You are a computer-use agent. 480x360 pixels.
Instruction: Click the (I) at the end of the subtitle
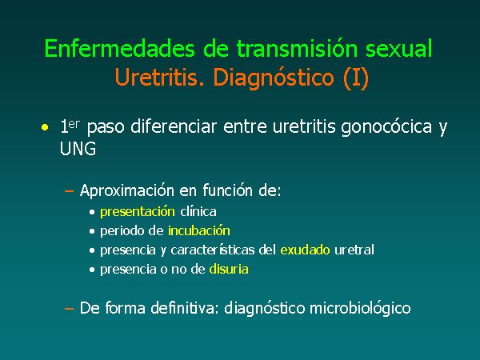(356, 78)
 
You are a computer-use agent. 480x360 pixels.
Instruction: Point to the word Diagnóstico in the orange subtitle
(274, 78)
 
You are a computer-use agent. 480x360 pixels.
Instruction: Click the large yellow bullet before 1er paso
(45, 127)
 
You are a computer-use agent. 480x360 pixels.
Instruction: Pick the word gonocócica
(386, 127)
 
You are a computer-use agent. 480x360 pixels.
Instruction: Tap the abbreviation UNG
(78, 149)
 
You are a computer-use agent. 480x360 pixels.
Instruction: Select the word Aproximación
(127, 190)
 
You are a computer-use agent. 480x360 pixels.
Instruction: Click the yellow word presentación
(138, 212)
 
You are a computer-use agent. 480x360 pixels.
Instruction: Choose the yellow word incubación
(199, 231)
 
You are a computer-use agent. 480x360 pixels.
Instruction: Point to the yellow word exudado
(306, 250)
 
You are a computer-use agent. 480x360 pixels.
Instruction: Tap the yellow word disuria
(229, 270)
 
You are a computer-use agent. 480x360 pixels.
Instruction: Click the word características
(213, 250)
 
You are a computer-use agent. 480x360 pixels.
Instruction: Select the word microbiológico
(360, 309)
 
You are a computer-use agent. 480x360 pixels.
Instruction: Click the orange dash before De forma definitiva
(69, 309)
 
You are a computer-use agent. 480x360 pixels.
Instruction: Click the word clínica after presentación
(198, 212)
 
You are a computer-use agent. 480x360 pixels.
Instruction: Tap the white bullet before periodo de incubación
(92, 231)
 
